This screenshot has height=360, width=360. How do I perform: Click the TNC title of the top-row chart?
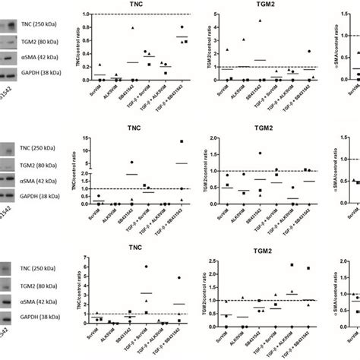pos(141,6)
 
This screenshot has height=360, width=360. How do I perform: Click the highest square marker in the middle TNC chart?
pos(182,141)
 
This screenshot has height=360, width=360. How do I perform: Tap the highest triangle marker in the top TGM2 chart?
pos(260,21)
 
